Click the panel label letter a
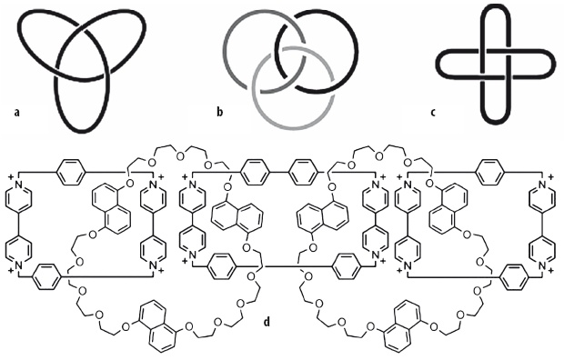point(15,113)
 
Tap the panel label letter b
point(220,112)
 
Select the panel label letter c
point(433,113)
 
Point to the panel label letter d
point(267,321)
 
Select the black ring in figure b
point(358,50)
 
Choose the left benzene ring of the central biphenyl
point(255,172)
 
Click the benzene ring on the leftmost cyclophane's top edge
point(71,172)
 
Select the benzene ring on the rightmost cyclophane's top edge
point(489,172)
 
